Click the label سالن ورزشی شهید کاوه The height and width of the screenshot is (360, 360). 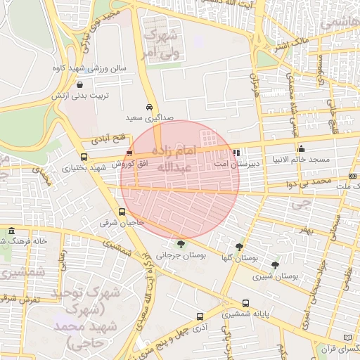coord(89,69)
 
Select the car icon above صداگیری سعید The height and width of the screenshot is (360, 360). coord(149,108)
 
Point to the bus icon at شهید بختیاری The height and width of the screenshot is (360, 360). coord(84,157)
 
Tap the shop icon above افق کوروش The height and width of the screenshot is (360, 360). coord(129,153)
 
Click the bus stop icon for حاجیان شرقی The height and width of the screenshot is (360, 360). coord(122,212)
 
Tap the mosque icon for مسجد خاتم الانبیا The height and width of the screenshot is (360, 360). coord(301,148)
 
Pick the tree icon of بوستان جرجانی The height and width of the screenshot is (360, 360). coord(182,245)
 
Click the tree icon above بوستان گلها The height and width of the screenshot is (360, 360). coord(240,247)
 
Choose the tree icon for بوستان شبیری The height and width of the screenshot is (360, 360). coord(274,265)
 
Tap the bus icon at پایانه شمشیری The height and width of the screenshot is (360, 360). coord(226,304)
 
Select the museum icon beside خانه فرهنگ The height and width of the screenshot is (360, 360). coord(11,231)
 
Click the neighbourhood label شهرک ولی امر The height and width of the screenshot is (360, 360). coord(161,42)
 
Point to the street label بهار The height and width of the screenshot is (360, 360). coord(302,229)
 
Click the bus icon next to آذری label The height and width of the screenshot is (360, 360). coord(200,317)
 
